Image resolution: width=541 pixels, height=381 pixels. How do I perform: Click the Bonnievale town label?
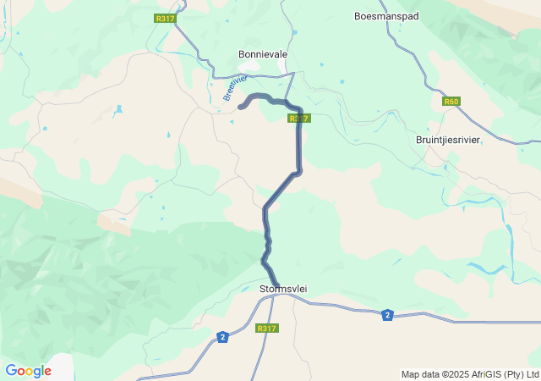263,54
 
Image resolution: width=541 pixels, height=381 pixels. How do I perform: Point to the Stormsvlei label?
282,289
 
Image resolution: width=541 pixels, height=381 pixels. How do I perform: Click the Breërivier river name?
235,87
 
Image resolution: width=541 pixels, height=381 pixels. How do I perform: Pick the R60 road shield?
451,102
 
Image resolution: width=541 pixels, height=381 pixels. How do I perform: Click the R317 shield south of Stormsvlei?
266,329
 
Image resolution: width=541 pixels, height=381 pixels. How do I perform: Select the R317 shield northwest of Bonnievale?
165,17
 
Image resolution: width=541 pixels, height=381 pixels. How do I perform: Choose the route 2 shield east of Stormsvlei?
387,315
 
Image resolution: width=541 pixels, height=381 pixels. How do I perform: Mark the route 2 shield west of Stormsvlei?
221,337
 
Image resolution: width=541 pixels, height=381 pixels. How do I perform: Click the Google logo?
28,371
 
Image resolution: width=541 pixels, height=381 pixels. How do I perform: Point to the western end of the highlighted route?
241,107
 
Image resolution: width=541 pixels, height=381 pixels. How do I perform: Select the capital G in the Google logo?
11,370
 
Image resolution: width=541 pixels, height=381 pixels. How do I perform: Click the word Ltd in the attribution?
532,374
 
